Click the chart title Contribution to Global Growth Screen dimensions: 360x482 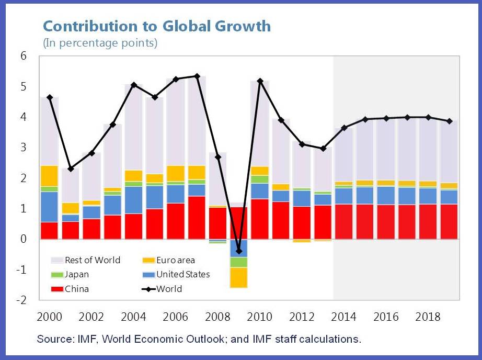[x=157, y=26]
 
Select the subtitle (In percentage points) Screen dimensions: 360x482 [x=100, y=43]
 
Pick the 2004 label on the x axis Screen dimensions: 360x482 [x=134, y=317]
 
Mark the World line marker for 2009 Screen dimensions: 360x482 [x=239, y=251]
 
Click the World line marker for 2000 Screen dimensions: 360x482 [x=49, y=97]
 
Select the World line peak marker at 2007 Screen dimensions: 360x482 [x=197, y=76]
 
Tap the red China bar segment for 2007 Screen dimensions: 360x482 [x=197, y=218]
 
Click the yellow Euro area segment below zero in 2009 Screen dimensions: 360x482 [x=239, y=277]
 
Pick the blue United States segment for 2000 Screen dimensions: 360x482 [x=49, y=207]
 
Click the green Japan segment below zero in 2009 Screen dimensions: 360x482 [x=239, y=262]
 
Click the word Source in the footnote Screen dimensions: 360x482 [x=52, y=339]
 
